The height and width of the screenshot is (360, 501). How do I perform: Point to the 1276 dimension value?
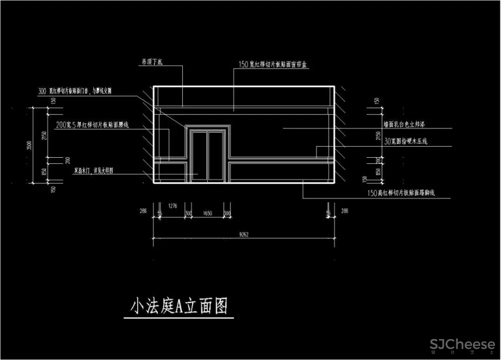[x=173, y=205]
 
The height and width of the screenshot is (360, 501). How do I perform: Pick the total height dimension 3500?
[x=30, y=146]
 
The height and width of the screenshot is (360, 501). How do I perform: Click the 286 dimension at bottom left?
[x=144, y=212]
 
